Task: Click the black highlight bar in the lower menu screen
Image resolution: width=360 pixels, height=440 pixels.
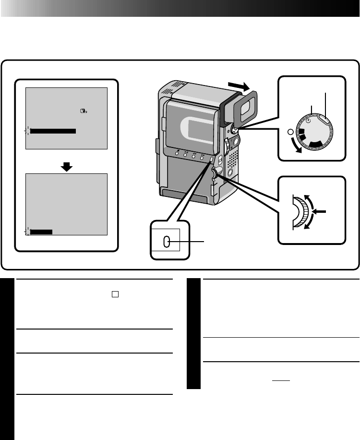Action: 41,232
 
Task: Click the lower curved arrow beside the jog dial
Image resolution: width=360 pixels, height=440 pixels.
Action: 311,225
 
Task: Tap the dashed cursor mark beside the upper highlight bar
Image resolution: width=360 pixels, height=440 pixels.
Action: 27,130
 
